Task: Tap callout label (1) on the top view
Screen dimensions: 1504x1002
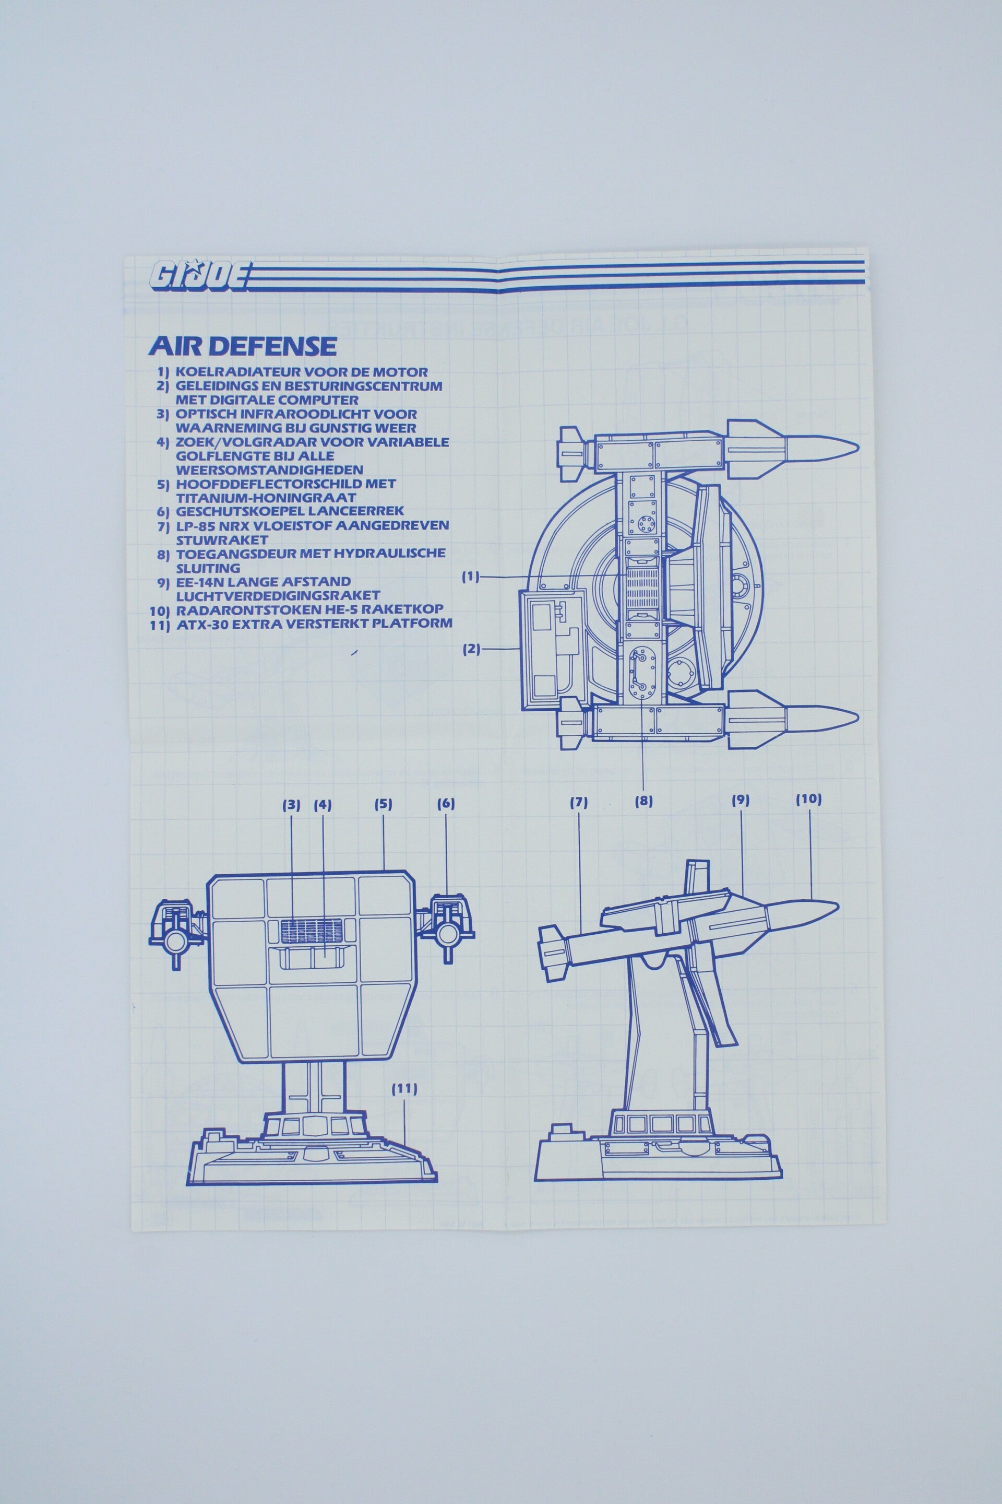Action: click(x=471, y=577)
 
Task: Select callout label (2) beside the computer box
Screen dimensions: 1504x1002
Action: click(x=472, y=649)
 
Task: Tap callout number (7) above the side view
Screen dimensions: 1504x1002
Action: click(x=578, y=802)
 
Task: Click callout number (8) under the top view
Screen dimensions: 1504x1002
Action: click(x=643, y=800)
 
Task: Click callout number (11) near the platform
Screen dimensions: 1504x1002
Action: click(x=404, y=1089)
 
